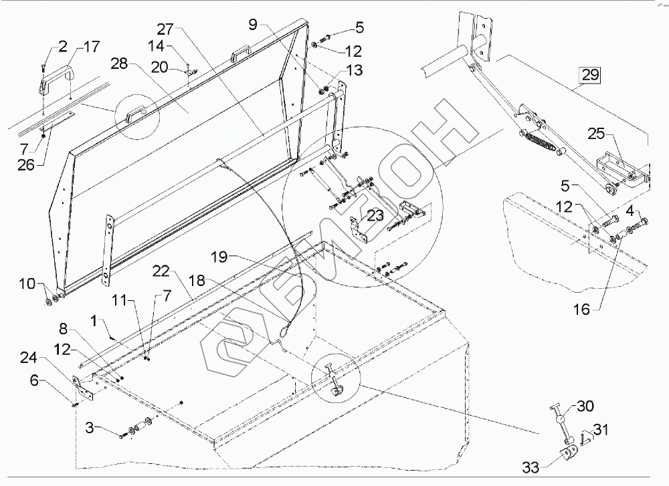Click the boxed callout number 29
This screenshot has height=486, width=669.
coord(590,75)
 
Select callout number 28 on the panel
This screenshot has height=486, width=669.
coord(119,64)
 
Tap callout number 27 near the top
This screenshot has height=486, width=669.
coord(165,29)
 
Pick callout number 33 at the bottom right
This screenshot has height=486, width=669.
coord(531,468)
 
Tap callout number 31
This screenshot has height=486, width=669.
coord(601,430)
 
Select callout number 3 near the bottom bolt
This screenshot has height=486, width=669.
coord(89,427)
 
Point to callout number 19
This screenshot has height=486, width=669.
coord(220,258)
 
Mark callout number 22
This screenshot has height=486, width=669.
coord(161,271)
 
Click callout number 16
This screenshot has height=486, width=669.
coord(582,309)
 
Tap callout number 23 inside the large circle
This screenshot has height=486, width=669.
coord(375,215)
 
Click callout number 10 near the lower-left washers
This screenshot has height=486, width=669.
coord(27,283)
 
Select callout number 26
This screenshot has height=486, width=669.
coord(25,165)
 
